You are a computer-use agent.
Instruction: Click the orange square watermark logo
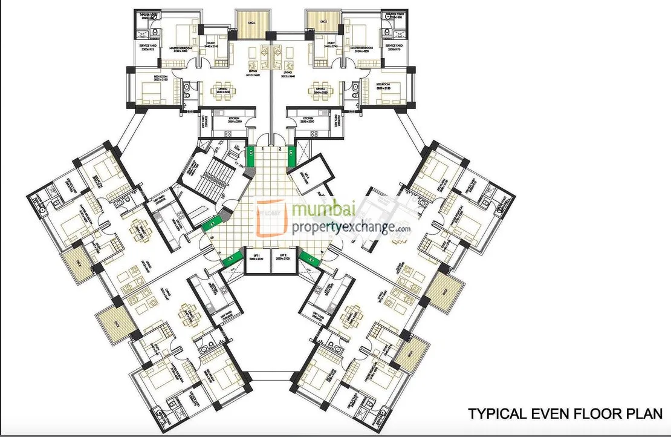tap(271, 217)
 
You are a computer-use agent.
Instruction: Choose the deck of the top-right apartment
tap(319, 22)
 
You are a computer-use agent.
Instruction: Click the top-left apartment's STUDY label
tap(211, 44)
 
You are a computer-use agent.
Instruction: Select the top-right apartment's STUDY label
tap(331, 44)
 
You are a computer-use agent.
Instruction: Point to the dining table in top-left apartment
tap(222, 90)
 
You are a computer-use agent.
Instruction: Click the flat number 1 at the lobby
tap(262, 148)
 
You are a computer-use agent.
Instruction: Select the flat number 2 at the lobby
tap(280, 148)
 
